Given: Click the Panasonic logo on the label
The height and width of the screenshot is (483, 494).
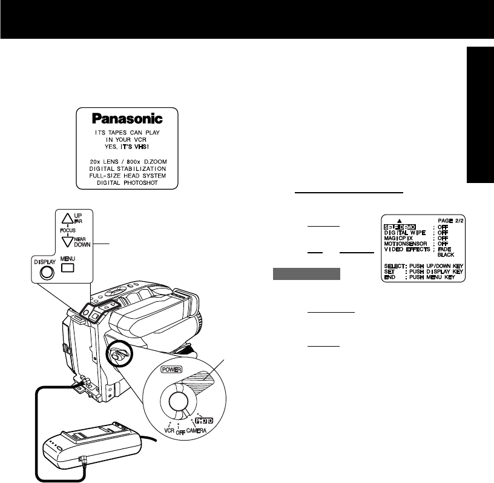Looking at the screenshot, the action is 127,118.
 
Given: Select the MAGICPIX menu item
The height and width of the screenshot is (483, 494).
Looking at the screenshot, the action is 401,238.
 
